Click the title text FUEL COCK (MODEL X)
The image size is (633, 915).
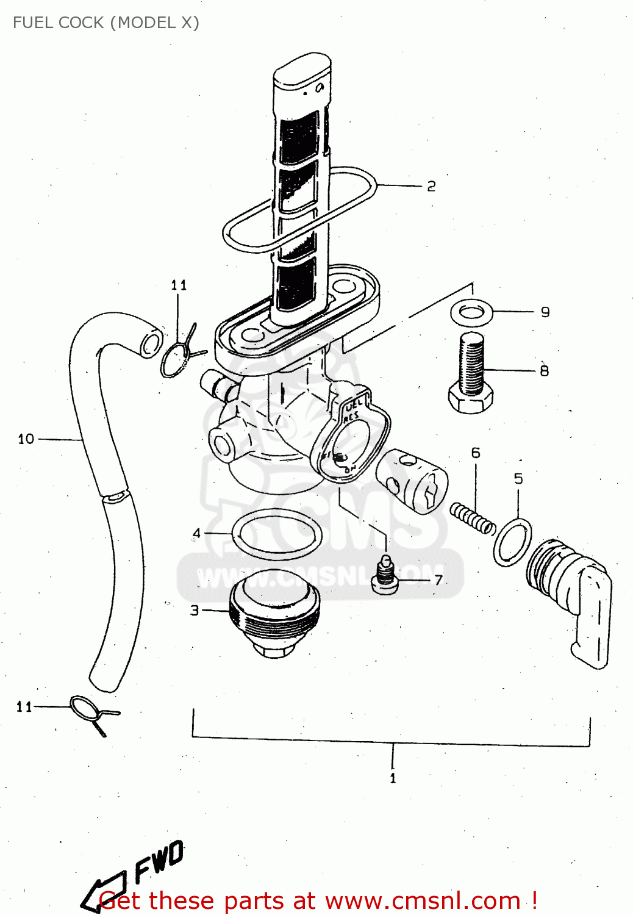pyautogui.click(x=105, y=23)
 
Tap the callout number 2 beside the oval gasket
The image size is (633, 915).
pyautogui.click(x=431, y=186)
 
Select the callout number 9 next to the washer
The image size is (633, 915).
pyautogui.click(x=545, y=312)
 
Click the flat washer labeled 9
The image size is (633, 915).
pyautogui.click(x=471, y=313)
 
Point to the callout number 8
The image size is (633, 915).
pyautogui.click(x=544, y=370)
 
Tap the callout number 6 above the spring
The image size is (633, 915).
pyautogui.click(x=476, y=453)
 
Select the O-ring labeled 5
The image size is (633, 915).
pyautogui.click(x=512, y=542)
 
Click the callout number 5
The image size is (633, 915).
pyautogui.click(x=518, y=478)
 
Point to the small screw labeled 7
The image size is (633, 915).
pyautogui.click(x=385, y=575)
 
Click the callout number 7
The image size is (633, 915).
pyautogui.click(x=438, y=579)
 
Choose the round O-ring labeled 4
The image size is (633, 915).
pyautogui.click(x=277, y=534)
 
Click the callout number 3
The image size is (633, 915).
pyautogui.click(x=195, y=610)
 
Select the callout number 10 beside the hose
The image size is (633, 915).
pyautogui.click(x=26, y=439)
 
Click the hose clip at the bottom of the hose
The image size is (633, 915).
pyautogui.click(x=91, y=712)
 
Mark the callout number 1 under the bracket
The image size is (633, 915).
pyautogui.click(x=393, y=778)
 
